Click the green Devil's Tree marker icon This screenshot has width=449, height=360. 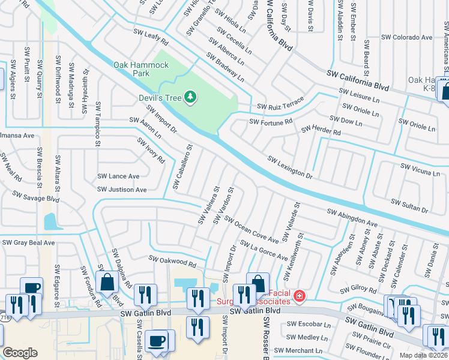[x=190, y=97]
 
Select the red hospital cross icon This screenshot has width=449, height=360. [x=298, y=296]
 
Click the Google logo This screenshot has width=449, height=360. [x=20, y=352]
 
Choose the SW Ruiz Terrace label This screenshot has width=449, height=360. [x=280, y=103]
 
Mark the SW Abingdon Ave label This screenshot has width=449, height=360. [x=352, y=218]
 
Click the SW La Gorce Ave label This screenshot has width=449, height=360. [x=264, y=251]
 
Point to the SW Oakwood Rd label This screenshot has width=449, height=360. [x=172, y=261]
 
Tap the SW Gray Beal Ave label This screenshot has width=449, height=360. [x=28, y=243]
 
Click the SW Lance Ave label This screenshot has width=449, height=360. [x=118, y=176]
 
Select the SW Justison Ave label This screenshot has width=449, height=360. [x=122, y=190]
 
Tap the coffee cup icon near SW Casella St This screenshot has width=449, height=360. [x=158, y=341]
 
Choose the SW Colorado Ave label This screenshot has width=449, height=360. [x=406, y=37]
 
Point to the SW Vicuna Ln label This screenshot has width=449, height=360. [x=420, y=169]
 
